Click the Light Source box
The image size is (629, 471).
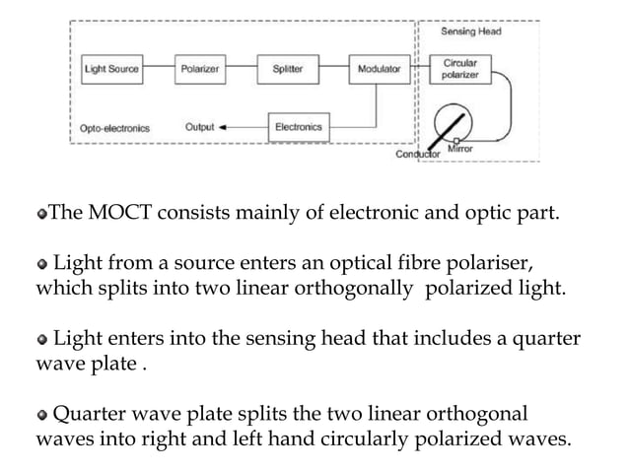(x=111, y=70)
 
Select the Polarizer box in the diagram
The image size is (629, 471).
(x=200, y=70)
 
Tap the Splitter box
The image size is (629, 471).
(x=288, y=70)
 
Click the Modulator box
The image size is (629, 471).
(x=380, y=70)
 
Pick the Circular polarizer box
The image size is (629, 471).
(x=460, y=70)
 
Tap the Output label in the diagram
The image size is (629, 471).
(x=199, y=127)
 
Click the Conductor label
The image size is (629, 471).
(x=415, y=155)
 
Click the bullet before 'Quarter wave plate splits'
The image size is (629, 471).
(x=42, y=414)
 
